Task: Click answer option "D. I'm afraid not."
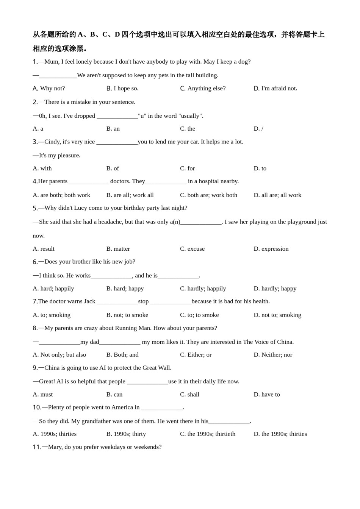275,88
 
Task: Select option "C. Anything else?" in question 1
203,88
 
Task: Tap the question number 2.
35,102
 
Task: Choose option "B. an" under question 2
113,129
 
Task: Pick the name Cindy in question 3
52,142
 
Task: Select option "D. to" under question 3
260,169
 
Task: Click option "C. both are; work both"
208,195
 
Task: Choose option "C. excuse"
192,249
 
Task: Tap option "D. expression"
271,249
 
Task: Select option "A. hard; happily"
53,289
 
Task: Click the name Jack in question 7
89,301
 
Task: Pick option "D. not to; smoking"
277,315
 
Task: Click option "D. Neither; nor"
273,355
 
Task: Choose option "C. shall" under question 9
189,395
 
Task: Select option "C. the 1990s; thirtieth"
208,434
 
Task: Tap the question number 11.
37,447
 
